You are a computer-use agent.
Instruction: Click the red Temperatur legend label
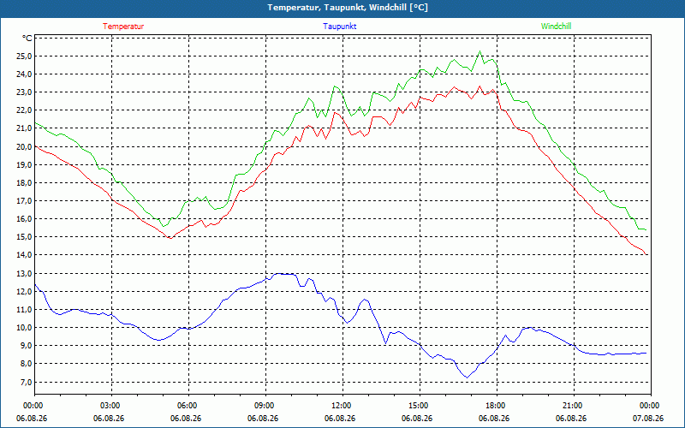(123, 27)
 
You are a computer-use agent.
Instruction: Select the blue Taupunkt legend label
(339, 27)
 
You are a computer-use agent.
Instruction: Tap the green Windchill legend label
(556, 27)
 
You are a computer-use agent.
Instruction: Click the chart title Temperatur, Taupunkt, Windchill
(348, 8)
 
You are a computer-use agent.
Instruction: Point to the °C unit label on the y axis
(27, 39)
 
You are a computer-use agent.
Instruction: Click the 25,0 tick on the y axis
(25, 56)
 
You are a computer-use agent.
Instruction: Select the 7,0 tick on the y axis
(27, 382)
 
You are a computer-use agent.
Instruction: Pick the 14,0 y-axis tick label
(25, 255)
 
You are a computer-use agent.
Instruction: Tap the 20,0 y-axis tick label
(25, 146)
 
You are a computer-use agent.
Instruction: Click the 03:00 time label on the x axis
(111, 406)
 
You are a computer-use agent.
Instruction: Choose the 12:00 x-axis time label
(342, 406)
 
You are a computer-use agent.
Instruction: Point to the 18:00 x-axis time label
(497, 406)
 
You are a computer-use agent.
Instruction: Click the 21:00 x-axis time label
(574, 406)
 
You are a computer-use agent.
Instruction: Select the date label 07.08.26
(649, 419)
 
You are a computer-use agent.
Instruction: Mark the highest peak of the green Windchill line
(479, 51)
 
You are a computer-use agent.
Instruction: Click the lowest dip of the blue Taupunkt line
(467, 377)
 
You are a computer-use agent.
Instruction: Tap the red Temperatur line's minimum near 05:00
(170, 238)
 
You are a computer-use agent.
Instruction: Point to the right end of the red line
(646, 254)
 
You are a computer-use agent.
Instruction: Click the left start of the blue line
(35, 285)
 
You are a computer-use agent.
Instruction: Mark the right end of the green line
(646, 229)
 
